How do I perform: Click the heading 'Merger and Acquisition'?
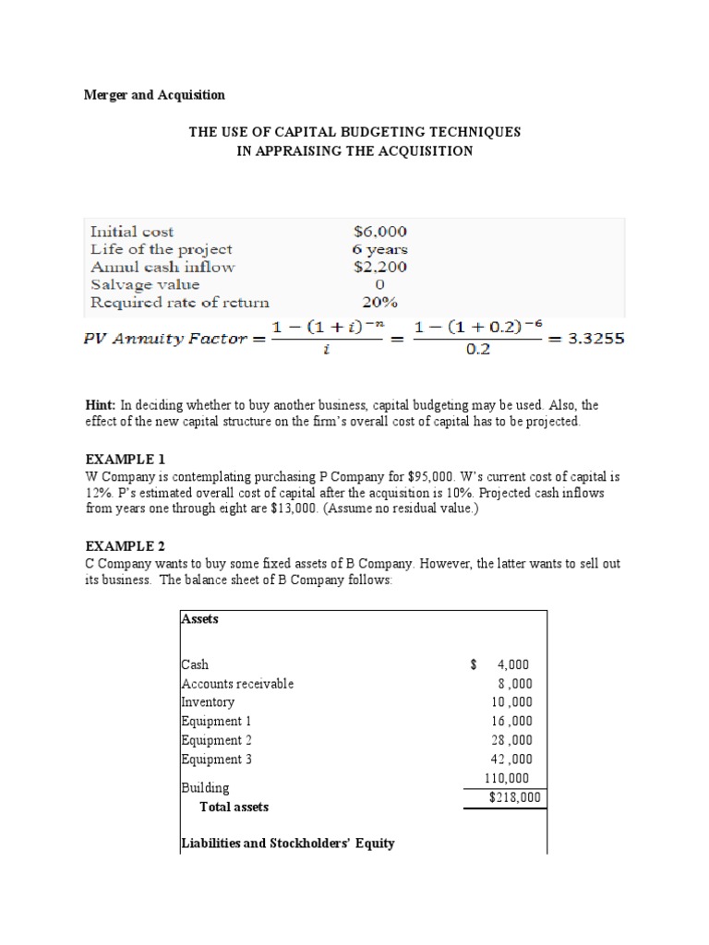coord(154,95)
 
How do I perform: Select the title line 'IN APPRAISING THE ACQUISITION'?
coord(354,151)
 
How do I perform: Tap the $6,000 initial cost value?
coord(379,232)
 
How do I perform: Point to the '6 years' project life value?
coord(379,249)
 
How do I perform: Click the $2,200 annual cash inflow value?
coord(379,267)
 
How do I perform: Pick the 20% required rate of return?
coord(379,302)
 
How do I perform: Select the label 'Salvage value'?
coord(145,284)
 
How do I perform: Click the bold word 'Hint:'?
coord(101,405)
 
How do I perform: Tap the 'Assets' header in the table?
coord(200,619)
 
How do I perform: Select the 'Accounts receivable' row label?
coord(237,684)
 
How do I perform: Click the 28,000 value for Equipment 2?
coord(514,741)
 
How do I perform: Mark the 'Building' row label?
coord(206,788)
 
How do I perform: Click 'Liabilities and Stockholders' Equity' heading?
coord(288,843)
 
